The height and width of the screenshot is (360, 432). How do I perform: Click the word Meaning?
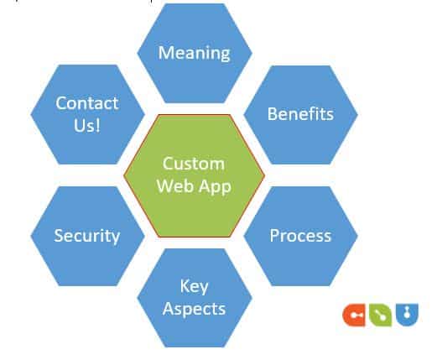tap(195, 53)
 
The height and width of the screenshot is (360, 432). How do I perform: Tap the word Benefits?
tap(300, 113)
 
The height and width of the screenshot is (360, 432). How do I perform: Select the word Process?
tap(300, 235)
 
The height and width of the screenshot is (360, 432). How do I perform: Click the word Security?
tap(87, 235)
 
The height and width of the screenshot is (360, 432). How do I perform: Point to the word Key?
tap(195, 286)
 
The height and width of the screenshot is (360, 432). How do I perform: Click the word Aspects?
tap(195, 308)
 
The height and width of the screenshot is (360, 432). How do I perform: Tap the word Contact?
tap(87, 103)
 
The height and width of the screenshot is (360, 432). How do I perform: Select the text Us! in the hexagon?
tap(87, 126)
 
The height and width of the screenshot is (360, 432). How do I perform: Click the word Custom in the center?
tap(194, 163)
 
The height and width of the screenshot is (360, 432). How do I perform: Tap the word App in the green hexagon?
tap(214, 185)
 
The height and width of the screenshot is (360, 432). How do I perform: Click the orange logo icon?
tap(355, 315)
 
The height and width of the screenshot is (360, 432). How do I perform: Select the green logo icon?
tap(381, 315)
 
